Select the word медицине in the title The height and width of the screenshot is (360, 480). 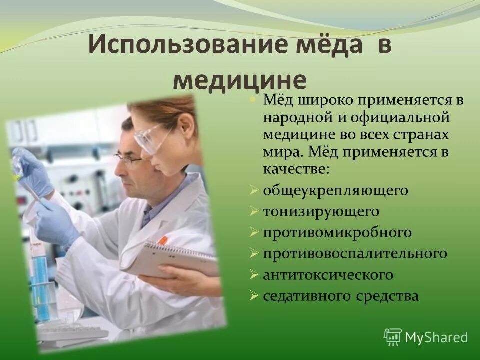click(239, 80)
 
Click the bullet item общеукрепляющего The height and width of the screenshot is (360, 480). click(335, 191)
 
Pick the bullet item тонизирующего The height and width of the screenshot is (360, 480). click(321, 212)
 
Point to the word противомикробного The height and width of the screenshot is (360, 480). click(337, 233)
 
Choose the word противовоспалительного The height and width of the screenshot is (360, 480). click(355, 254)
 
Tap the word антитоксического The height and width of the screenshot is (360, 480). click(328, 275)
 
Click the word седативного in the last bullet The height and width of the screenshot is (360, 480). click(307, 296)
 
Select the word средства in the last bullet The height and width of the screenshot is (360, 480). click(387, 296)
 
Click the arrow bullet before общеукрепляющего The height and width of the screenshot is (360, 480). click(254, 191)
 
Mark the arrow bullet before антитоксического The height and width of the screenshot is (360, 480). click(254, 275)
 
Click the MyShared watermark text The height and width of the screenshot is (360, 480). click(436, 338)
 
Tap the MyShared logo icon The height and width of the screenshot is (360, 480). click(393, 337)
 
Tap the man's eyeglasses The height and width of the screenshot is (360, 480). click(128, 159)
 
